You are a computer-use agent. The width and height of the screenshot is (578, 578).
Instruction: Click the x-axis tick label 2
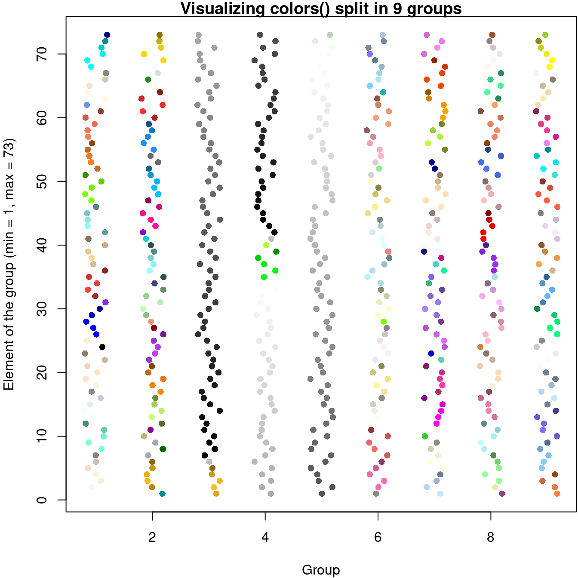[152, 537]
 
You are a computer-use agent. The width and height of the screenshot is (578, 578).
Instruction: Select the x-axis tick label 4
[265, 537]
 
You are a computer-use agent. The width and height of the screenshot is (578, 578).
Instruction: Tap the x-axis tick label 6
[378, 537]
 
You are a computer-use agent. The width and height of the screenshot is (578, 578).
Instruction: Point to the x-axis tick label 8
[491, 537]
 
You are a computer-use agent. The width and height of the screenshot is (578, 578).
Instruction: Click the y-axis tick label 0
[42, 500]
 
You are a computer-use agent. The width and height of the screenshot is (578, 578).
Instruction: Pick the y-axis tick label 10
[42, 436]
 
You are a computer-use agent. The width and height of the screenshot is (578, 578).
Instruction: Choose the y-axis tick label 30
[42, 309]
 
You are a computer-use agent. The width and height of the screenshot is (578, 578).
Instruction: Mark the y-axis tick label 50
[42, 181]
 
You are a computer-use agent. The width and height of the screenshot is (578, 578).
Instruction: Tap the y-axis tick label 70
[42, 54]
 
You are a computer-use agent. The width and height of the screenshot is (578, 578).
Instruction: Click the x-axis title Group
[321, 570]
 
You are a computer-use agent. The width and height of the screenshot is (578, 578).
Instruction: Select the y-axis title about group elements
[9, 264]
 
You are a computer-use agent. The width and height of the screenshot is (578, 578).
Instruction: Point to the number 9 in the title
[398, 9]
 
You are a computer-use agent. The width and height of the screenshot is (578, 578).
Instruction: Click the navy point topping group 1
[107, 35]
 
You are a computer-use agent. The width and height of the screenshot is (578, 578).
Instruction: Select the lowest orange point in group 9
[557, 493]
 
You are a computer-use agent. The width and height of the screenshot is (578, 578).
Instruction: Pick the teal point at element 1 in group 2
[162, 493]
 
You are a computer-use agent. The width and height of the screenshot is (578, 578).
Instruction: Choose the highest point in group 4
[260, 35]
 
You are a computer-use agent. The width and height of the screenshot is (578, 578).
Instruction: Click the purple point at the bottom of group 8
[501, 493]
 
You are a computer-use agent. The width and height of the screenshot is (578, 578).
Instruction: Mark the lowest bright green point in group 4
[264, 277]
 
